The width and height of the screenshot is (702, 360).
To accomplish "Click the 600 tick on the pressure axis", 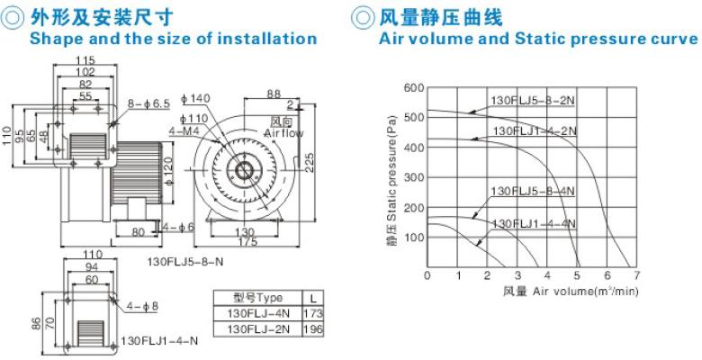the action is pos(413,87).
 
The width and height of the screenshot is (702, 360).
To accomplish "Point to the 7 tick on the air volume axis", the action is pos(636,274).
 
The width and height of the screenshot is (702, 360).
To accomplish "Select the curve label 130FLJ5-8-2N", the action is pos(533,100).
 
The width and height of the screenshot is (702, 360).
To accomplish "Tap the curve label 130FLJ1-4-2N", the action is pos(535,131).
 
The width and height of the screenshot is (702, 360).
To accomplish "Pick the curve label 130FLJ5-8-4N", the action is pos(533,191).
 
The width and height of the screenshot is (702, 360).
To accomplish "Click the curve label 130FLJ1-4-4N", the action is pos(534,223).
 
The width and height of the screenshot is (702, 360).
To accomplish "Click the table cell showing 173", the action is pos(313,313).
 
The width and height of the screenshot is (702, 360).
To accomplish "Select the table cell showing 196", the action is pos(313,329).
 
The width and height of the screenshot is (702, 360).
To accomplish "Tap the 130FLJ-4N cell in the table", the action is pos(258,313).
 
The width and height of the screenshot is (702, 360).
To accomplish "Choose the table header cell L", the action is pos(313,298).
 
